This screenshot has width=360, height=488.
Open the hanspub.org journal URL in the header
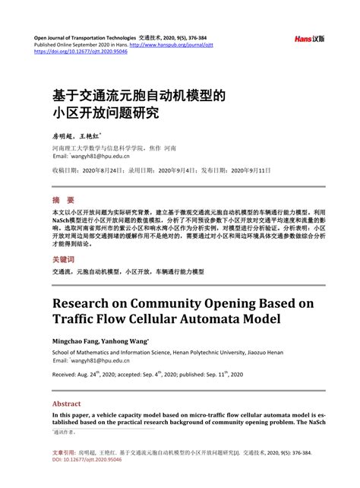[x=191, y=45]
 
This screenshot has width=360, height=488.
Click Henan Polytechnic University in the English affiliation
[x=193, y=353]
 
